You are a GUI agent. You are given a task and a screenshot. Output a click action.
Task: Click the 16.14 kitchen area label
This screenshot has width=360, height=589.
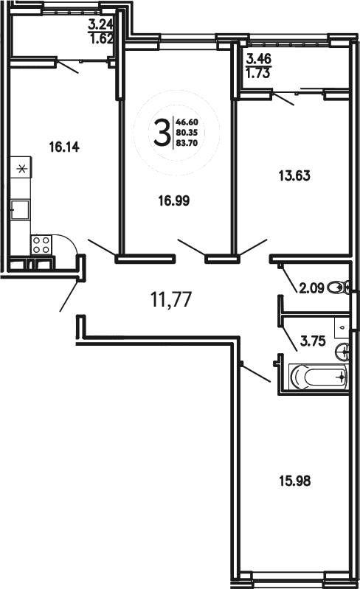pyautogui.click(x=63, y=147)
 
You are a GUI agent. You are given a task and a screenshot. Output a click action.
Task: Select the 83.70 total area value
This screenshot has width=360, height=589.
pyautogui.click(x=187, y=143)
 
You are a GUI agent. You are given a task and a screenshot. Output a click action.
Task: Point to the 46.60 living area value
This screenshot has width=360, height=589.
pyautogui.click(x=187, y=121)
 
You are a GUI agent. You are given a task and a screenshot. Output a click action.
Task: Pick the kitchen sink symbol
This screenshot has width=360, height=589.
pyautogui.click(x=20, y=210)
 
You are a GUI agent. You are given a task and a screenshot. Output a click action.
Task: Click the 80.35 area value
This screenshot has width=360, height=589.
pyautogui.click(x=187, y=132)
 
